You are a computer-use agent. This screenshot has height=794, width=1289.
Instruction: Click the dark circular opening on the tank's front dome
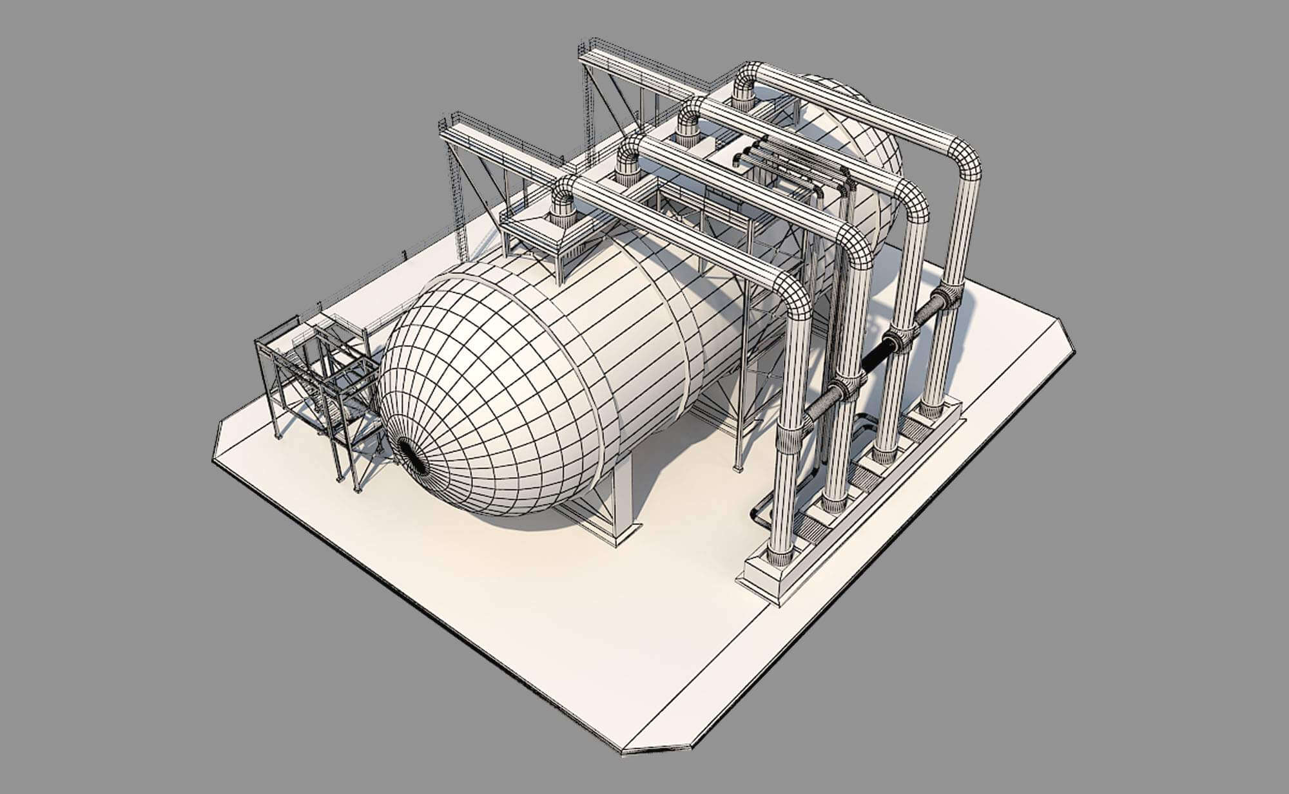tap(413, 458)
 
